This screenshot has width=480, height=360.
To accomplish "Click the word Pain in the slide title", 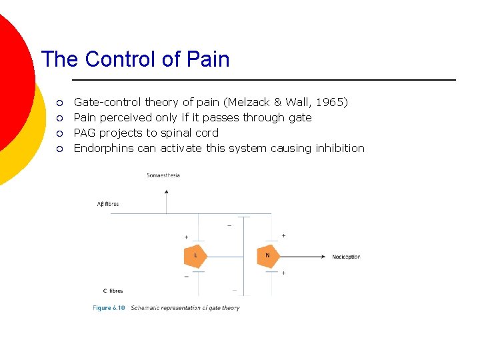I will click(x=208, y=59).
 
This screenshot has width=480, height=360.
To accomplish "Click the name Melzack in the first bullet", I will click(x=250, y=102).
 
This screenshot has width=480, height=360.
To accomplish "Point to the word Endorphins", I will click(x=103, y=148).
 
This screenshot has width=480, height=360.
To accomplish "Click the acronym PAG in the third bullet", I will click(x=85, y=133).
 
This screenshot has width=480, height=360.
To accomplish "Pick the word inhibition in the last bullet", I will click(x=340, y=148).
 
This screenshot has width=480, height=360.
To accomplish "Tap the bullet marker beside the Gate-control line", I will click(x=59, y=103).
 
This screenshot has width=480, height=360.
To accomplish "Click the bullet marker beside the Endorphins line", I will click(x=59, y=149).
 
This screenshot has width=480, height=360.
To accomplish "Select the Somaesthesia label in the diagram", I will click(x=163, y=175).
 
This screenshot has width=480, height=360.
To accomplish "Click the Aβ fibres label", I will click(x=108, y=204).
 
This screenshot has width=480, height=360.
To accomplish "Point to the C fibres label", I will click(x=113, y=291).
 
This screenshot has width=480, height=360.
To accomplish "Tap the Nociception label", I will click(x=346, y=257).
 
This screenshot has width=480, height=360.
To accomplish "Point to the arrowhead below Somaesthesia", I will click(x=166, y=191).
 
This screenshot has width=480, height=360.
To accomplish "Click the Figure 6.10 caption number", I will click(x=109, y=308).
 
